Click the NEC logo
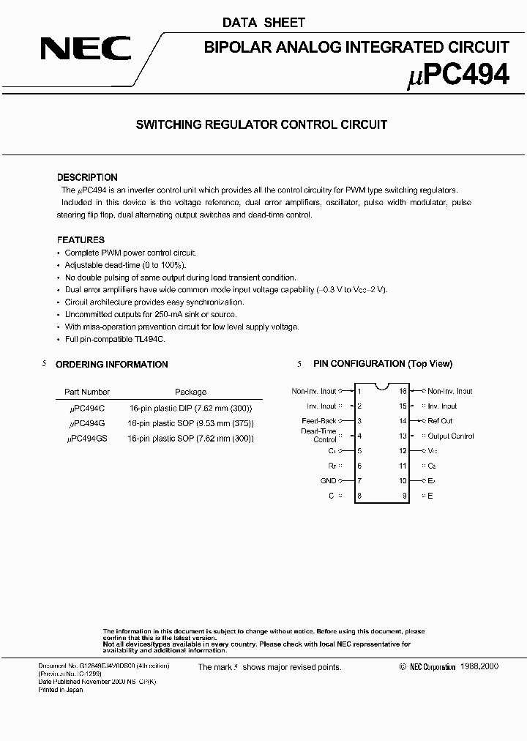86,50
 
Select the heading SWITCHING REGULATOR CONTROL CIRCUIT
261,125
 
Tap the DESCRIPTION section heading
87,177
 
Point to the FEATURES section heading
81,239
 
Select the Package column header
190,392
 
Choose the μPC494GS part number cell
86,439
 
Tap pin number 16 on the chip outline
403,391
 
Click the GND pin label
328,481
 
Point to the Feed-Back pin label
318,421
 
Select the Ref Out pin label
440,421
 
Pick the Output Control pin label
450,436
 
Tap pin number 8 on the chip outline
359,496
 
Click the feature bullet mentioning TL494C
115,340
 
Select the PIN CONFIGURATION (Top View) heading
382,364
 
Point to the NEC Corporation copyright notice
449,667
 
